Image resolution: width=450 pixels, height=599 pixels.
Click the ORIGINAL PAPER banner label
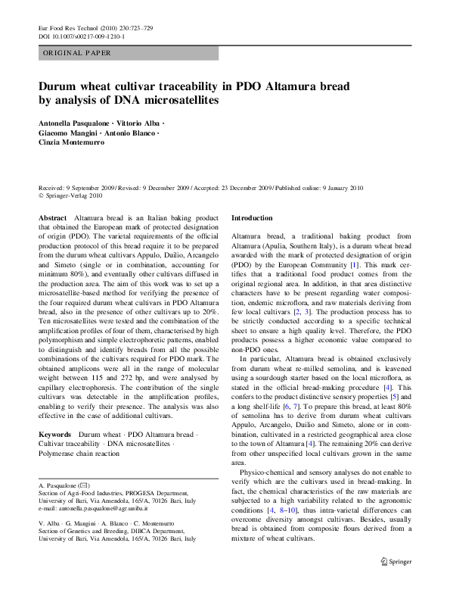(77, 53)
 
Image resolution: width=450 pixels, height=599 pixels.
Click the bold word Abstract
(52, 217)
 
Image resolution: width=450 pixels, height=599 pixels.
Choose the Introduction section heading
(251, 217)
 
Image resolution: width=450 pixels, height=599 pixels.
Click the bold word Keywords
(55, 435)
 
